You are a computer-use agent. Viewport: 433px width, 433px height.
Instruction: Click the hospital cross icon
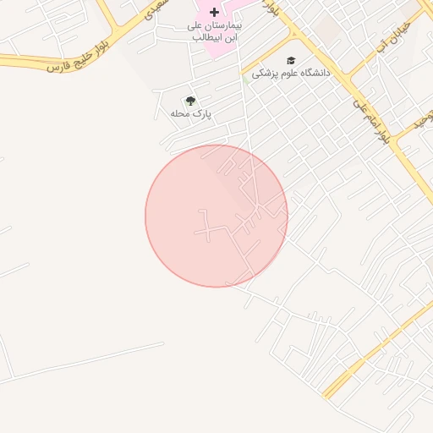click(214, 13)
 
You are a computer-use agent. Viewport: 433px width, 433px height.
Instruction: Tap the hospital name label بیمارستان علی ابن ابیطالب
click(214, 32)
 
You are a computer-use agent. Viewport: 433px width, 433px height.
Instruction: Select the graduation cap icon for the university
click(292, 61)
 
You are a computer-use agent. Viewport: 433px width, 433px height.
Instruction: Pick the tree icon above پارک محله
click(189, 101)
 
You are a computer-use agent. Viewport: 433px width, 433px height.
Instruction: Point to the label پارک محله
click(190, 113)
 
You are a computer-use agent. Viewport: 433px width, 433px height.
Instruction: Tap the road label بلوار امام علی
click(371, 119)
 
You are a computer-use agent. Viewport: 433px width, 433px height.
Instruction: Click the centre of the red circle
click(216, 216)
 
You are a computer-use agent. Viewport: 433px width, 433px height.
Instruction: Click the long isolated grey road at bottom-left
click(85, 364)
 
